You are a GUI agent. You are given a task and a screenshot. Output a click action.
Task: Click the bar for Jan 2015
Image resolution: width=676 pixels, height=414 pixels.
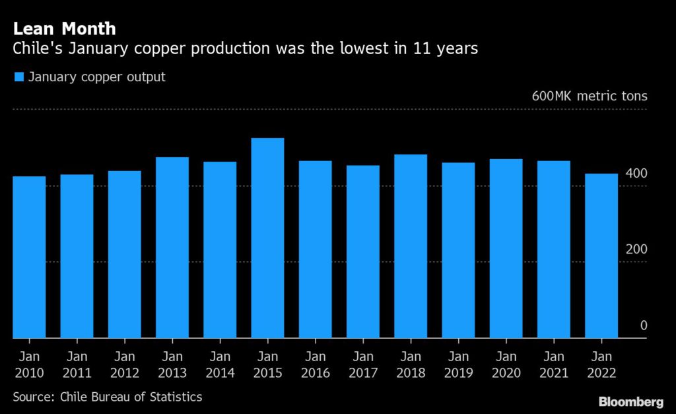[267, 238]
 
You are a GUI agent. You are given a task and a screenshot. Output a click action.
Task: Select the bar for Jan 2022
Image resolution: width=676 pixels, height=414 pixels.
[601, 256]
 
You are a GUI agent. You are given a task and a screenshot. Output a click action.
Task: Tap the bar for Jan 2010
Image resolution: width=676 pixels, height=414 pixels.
[29, 257]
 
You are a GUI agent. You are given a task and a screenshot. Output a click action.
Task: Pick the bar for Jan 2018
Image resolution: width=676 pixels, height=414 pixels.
[411, 246]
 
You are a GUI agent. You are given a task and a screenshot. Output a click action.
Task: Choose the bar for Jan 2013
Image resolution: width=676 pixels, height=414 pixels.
[172, 247]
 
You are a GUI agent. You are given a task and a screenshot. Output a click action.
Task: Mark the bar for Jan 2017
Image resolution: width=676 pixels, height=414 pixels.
[363, 252]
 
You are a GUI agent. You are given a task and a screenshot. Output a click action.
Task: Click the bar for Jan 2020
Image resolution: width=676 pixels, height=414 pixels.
[506, 248]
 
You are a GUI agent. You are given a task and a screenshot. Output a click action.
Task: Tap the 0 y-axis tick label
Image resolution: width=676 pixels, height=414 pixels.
[643, 326]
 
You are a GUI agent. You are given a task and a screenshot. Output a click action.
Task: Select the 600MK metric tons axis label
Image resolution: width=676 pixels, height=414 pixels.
[590, 96]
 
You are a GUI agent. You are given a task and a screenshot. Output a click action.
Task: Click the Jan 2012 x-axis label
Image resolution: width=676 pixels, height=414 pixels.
[125, 364]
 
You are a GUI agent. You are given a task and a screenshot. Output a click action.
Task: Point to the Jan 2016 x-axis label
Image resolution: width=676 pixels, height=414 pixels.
[316, 364]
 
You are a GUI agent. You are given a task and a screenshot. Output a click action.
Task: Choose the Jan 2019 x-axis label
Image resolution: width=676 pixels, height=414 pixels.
[458, 364]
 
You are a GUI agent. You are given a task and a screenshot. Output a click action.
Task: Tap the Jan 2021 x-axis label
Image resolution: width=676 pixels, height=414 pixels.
[554, 364]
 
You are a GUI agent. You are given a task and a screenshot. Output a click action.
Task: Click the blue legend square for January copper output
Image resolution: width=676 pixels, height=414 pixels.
[18, 77]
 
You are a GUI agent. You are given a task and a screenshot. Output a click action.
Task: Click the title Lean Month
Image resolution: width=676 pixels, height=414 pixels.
[65, 29]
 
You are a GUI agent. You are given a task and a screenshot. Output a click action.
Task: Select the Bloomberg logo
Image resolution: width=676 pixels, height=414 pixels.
[631, 401]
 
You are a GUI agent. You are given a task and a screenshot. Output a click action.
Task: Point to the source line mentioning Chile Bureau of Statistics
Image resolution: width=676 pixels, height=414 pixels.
[108, 397]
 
